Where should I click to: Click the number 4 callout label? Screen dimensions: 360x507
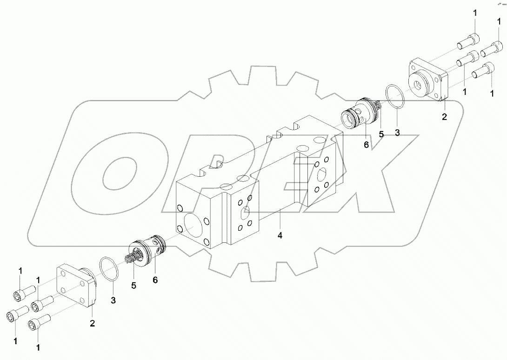[280, 236]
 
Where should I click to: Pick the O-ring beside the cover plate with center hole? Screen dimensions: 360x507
[395, 98]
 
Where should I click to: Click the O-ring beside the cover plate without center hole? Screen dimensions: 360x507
[110, 270]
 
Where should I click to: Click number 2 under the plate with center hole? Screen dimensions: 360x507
[444, 117]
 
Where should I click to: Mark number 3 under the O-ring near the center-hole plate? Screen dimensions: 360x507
[397, 133]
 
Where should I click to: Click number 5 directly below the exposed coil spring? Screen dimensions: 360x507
[133, 286]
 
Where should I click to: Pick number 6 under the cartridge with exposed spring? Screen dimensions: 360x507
[155, 280]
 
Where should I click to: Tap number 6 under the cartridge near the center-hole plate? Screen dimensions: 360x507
[366, 145]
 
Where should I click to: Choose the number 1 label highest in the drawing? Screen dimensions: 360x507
[475, 13]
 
